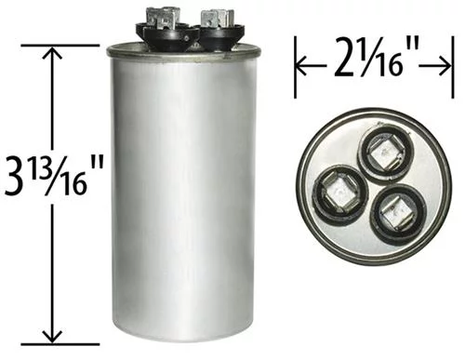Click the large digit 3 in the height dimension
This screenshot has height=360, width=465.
[17, 177]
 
